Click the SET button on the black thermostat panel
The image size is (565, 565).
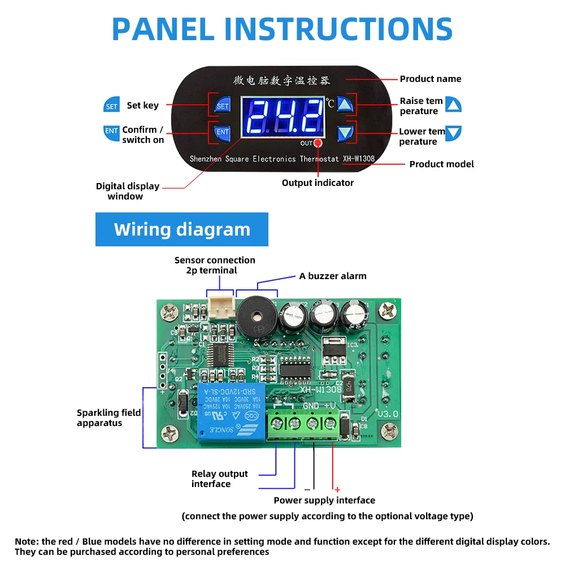pyautogui.click(x=223, y=106)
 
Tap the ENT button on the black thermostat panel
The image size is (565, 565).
pyautogui.click(x=223, y=132)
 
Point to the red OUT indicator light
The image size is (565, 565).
pyautogui.click(x=318, y=144)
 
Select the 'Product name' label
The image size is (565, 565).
pyautogui.click(x=431, y=79)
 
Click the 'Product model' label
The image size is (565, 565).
pyautogui.click(x=441, y=164)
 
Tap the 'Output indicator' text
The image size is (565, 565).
pyautogui.click(x=318, y=182)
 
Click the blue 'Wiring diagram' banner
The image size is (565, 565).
pyautogui.click(x=182, y=229)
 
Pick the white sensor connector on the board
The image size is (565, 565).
pyautogui.click(x=220, y=308)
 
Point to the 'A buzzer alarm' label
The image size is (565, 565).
pyautogui.click(x=333, y=276)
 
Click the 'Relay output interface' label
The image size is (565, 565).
pyautogui.click(x=219, y=479)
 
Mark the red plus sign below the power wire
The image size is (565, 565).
pyautogui.click(x=337, y=489)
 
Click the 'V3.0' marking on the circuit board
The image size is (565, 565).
pyautogui.click(x=388, y=414)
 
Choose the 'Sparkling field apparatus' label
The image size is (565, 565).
pyautogui.click(x=108, y=418)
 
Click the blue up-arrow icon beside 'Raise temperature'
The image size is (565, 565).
pyautogui.click(x=453, y=105)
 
